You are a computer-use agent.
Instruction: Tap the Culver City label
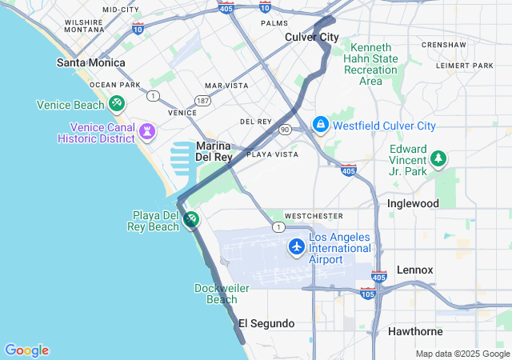pyautogui.click(x=312, y=37)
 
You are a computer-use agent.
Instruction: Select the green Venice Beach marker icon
pyautogui.click(x=117, y=104)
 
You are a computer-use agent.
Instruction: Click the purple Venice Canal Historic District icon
pyautogui.click(x=146, y=130)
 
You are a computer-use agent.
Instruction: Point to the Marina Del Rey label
pyautogui.click(x=214, y=151)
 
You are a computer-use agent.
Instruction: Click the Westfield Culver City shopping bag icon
pyautogui.click(x=320, y=125)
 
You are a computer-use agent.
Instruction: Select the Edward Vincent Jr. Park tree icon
pyautogui.click(x=438, y=159)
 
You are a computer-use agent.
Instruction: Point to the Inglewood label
pyautogui.click(x=413, y=203)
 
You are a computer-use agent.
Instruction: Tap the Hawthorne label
pyautogui.click(x=416, y=331)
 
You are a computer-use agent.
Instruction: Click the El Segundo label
pyautogui.click(x=266, y=323)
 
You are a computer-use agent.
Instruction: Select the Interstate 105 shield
pyautogui.click(x=368, y=294)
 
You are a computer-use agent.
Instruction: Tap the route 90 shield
pyautogui.click(x=285, y=129)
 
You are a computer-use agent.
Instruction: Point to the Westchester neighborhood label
pyautogui.click(x=314, y=216)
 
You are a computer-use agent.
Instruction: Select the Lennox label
pyautogui.click(x=414, y=270)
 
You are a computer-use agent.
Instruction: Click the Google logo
pyautogui.click(x=26, y=350)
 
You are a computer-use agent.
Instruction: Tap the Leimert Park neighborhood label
pyautogui.click(x=466, y=66)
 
